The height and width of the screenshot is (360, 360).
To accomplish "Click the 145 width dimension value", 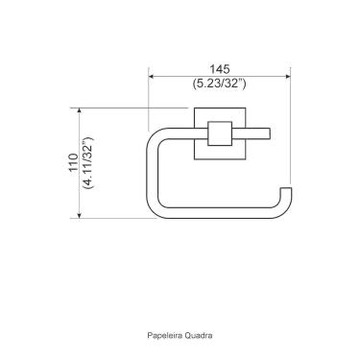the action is coord(220,69).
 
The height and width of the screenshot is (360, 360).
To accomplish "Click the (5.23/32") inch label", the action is coord(220,84).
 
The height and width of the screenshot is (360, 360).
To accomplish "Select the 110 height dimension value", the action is coord(73,163).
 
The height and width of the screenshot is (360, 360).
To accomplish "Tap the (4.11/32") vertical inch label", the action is coord(87,162).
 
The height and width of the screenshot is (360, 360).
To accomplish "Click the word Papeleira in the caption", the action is coord(162,335).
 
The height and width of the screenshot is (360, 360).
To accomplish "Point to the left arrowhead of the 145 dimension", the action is coord(151,77).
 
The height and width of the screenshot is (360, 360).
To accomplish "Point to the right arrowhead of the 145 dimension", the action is coord(288,77).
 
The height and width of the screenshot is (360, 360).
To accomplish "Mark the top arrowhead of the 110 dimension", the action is coord(80,110).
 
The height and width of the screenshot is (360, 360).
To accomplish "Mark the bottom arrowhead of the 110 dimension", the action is coord(80,215).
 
